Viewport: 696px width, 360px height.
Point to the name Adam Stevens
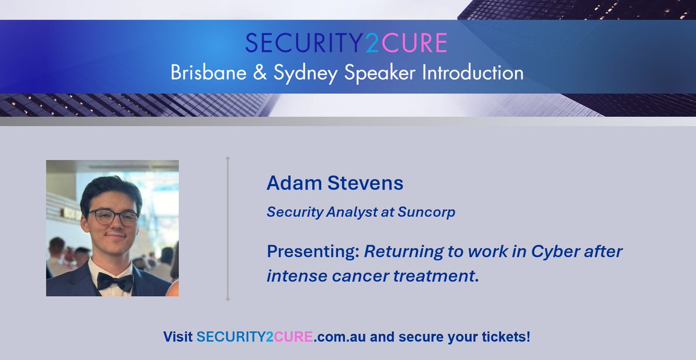tap(335, 184)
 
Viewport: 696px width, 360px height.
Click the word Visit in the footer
tap(177, 337)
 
